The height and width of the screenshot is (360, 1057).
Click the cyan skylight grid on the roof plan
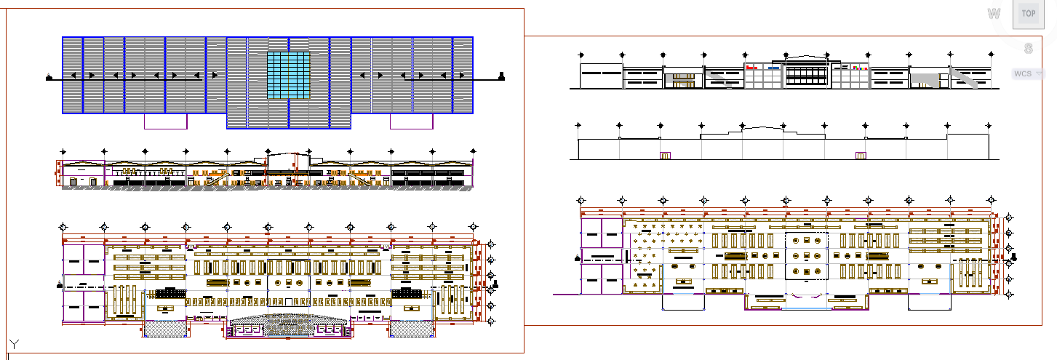click(x=289, y=75)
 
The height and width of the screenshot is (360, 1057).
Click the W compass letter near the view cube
click(x=994, y=14)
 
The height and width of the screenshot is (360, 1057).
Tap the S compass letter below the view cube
click(x=1028, y=49)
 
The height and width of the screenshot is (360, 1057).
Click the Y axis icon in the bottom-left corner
click(x=14, y=343)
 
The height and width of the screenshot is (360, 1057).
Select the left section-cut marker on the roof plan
click(x=49, y=76)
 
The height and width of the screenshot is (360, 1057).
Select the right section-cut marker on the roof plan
click(x=502, y=76)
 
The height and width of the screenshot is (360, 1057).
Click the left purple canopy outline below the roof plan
click(x=166, y=122)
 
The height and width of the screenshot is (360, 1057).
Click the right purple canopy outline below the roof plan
click(x=412, y=122)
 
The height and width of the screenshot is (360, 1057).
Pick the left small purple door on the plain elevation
click(x=664, y=156)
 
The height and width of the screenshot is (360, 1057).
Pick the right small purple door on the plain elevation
click(x=861, y=156)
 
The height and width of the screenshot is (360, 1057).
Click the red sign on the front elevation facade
click(x=752, y=67)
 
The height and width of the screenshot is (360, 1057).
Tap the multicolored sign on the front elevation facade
click(x=860, y=67)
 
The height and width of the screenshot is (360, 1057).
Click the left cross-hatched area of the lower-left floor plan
click(x=165, y=329)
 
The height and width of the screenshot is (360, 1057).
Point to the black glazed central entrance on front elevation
click(x=806, y=74)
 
